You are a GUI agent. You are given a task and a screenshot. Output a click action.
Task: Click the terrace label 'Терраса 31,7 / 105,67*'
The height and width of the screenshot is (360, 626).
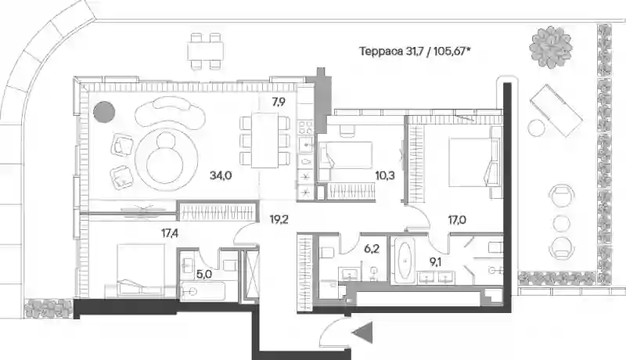pyautogui.click(x=414, y=52)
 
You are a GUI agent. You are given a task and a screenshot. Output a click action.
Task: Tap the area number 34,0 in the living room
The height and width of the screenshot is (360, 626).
pyautogui.click(x=221, y=175)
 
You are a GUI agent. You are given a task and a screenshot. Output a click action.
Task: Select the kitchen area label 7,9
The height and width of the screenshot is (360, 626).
pyautogui.click(x=279, y=103)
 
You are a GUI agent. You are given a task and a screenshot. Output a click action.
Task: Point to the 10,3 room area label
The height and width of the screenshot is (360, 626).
pyautogui.click(x=385, y=175)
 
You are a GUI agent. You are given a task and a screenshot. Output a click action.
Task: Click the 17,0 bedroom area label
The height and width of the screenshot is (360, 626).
pyautogui.click(x=457, y=219)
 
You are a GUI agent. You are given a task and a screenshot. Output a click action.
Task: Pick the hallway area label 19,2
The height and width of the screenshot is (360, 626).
pyautogui.click(x=279, y=219)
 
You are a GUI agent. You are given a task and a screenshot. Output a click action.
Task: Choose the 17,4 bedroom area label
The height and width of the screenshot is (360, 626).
pyautogui.click(x=170, y=233)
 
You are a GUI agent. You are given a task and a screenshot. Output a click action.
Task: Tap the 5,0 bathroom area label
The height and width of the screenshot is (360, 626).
pyautogui.click(x=204, y=274)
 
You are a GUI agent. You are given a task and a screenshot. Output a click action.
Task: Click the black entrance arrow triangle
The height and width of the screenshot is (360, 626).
pyautogui.click(x=362, y=333)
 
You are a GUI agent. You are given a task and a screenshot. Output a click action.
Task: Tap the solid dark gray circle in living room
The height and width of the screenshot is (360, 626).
pyautogui.click(x=104, y=111)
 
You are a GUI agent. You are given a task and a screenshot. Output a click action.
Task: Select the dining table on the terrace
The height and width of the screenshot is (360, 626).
pyautogui.click(x=205, y=51)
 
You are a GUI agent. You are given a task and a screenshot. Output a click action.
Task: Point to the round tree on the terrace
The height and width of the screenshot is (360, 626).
pyautogui.click(x=551, y=47)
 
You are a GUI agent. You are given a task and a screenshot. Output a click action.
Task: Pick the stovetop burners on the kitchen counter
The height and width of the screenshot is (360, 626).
pyautogui.click(x=306, y=128)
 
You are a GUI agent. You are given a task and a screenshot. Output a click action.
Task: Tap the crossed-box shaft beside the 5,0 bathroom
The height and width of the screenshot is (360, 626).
pyautogui.click(x=252, y=275)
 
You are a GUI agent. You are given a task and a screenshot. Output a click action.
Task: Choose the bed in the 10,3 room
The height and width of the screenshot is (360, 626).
pyautogui.click(x=345, y=155)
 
